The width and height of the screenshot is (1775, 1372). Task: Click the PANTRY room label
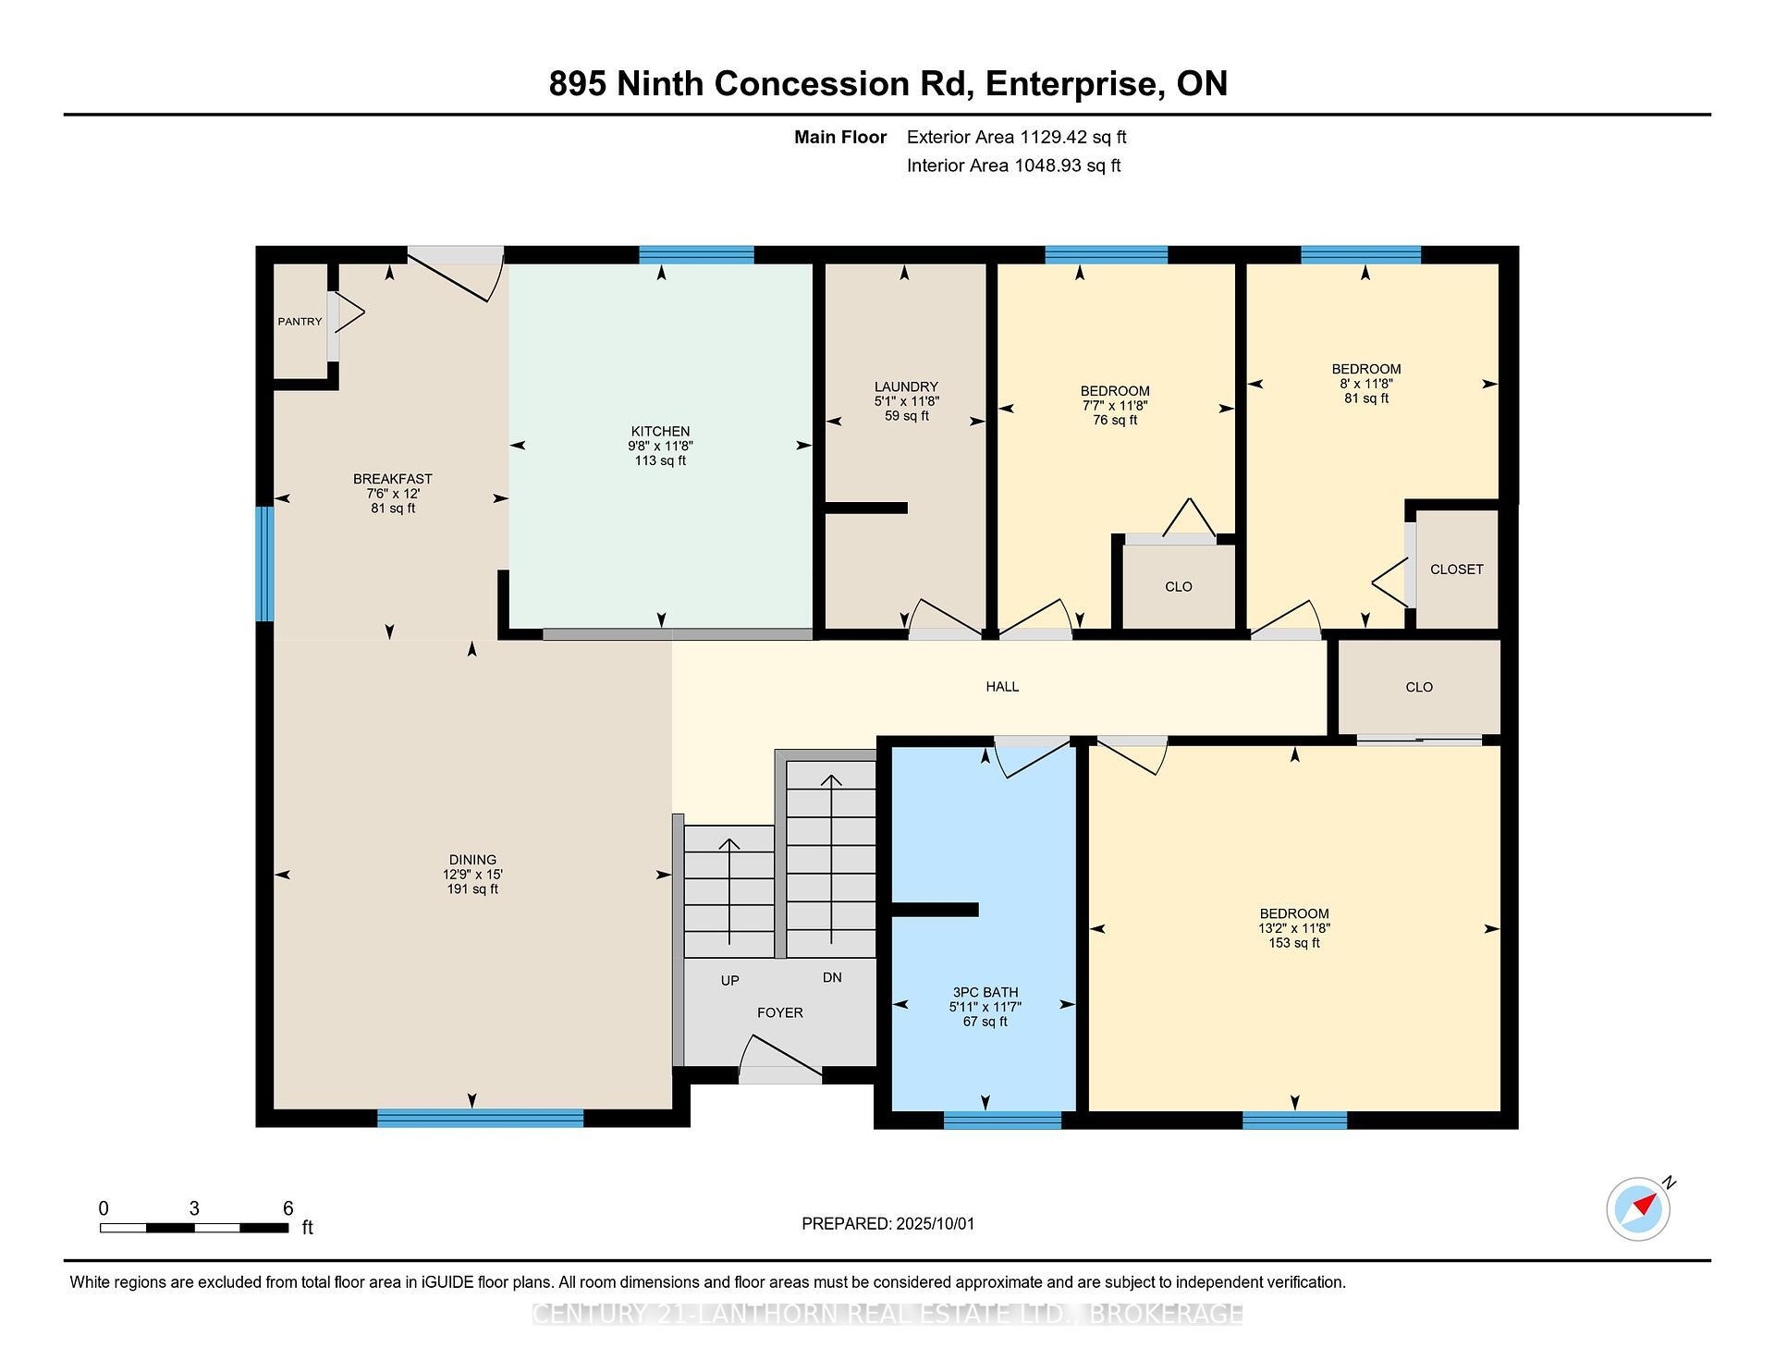pos(300,322)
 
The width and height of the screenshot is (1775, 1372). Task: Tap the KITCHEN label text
pos(660,431)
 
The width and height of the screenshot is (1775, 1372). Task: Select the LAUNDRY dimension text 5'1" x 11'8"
pos(906,401)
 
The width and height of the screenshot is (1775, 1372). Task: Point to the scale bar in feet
pos(194,1228)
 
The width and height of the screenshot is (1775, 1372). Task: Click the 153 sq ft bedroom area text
pos(1294,943)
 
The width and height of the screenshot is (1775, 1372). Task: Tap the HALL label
pos(1002,686)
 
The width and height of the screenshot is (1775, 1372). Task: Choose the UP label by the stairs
pos(729,980)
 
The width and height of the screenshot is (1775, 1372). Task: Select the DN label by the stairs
pos(832,977)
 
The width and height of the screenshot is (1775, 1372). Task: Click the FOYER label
pos(779,1012)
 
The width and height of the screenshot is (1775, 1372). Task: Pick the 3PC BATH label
pos(985,992)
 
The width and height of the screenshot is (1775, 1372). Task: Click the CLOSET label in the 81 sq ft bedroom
pos(1456,570)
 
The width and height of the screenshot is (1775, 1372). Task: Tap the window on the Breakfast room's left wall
pos(264,563)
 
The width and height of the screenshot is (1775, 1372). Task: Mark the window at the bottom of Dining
pos(481,1118)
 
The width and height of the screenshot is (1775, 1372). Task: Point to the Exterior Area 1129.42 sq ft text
pos(1016,137)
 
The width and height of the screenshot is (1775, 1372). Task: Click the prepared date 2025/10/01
pos(935,1223)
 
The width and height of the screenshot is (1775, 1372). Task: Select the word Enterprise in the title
pos(1071,83)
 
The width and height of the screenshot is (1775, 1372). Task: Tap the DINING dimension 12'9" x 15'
pos(472,874)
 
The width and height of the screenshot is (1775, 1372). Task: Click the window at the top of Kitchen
pos(696,255)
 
